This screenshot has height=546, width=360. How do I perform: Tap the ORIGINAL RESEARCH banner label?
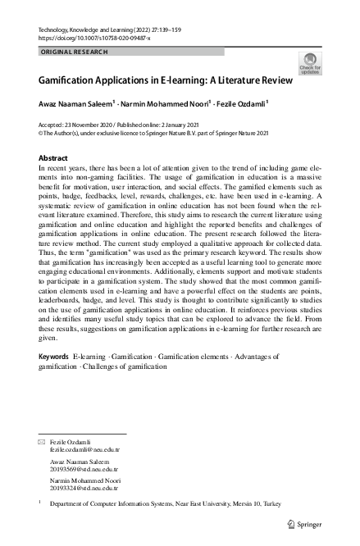point(74,52)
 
